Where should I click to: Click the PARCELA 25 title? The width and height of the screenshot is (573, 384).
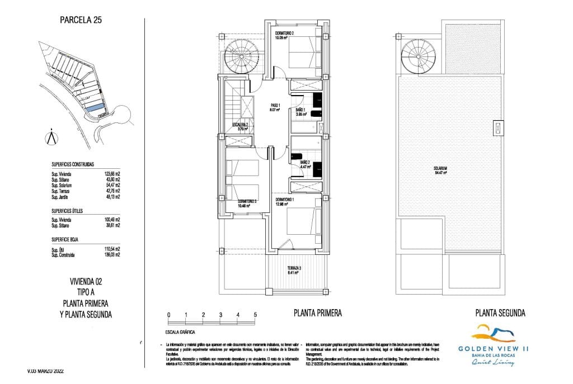pyautogui.click(x=81, y=21)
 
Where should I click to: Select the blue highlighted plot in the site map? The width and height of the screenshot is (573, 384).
pyautogui.click(x=96, y=107)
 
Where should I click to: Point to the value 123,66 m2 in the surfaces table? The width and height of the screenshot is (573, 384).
pyautogui.click(x=112, y=174)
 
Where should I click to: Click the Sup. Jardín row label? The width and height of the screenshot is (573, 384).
pyautogui.click(x=63, y=197)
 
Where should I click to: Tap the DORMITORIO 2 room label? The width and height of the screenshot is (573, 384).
pyautogui.click(x=284, y=34)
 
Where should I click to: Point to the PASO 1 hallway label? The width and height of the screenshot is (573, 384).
pyautogui.click(x=275, y=106)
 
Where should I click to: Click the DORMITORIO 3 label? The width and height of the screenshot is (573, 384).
pyautogui.click(x=247, y=201)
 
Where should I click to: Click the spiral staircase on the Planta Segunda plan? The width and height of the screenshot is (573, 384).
pyautogui.click(x=417, y=55)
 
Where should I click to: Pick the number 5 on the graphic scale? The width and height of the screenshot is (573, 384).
pyautogui.click(x=255, y=315)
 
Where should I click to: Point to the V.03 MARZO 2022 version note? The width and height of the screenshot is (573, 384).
pyautogui.click(x=50, y=371)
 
